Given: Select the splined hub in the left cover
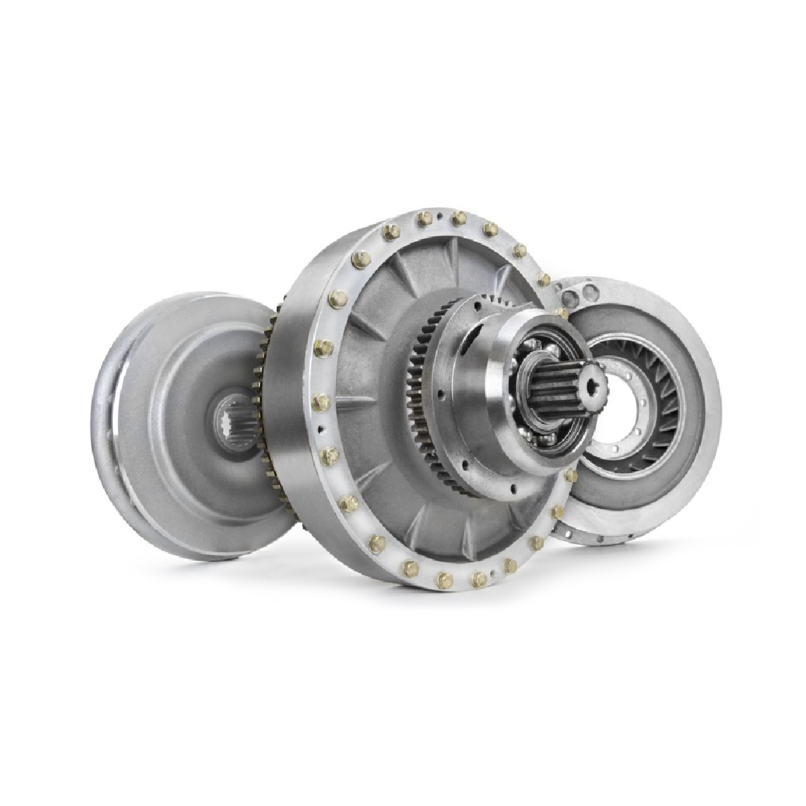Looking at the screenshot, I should pyautogui.click(x=230, y=422).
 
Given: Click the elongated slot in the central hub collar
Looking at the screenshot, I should pyautogui.click(x=464, y=340).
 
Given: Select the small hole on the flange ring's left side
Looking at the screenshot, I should pyautogui.click(x=319, y=430).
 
